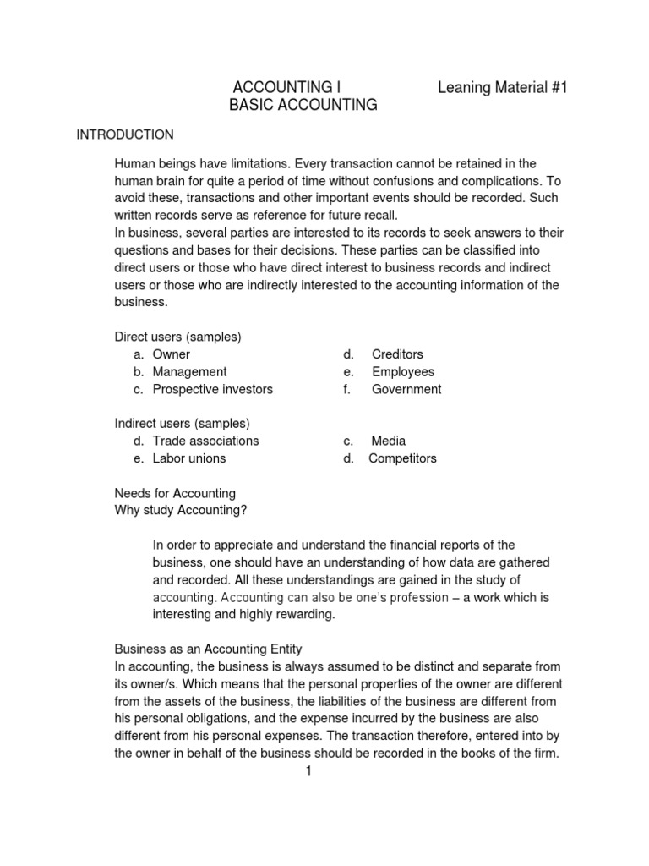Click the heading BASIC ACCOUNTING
(303, 105)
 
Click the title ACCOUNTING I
(286, 87)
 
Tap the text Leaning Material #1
(502, 87)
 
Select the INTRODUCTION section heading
(125, 134)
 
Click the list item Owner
(172, 354)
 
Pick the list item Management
(189, 371)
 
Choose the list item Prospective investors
(212, 389)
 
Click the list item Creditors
(397, 354)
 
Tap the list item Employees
(402, 371)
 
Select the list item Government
(406, 389)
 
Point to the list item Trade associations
(205, 441)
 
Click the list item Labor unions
(189, 458)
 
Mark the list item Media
(388, 441)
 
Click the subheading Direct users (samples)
(177, 337)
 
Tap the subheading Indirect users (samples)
(182, 423)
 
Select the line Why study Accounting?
(181, 510)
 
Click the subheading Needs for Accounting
(175, 493)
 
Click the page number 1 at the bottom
(309, 770)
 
